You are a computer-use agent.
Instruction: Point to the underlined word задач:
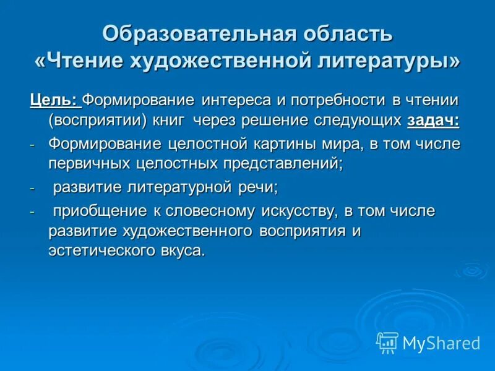[x=433, y=119]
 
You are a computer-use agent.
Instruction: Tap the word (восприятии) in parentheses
[x=90, y=119]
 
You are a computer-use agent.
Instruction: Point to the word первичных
[x=88, y=164]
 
